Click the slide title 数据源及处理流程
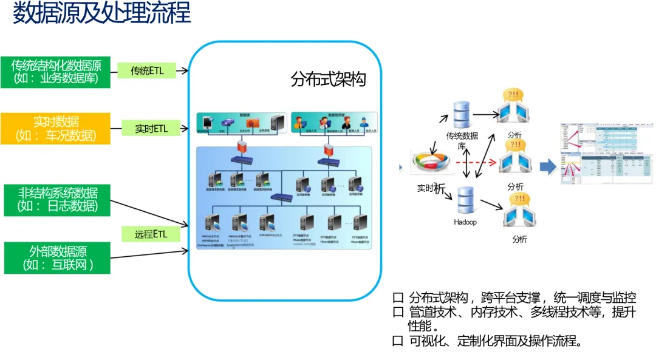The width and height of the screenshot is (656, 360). click(102, 13)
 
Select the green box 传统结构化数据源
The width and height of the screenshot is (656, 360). click(55, 72)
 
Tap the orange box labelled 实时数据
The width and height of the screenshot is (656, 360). click(55, 128)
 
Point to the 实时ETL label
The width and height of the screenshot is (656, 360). click(151, 128)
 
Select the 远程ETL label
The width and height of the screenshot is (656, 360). click(150, 234)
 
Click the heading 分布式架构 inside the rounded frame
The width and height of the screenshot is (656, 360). click(328, 80)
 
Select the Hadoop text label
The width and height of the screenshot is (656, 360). click(465, 222)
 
